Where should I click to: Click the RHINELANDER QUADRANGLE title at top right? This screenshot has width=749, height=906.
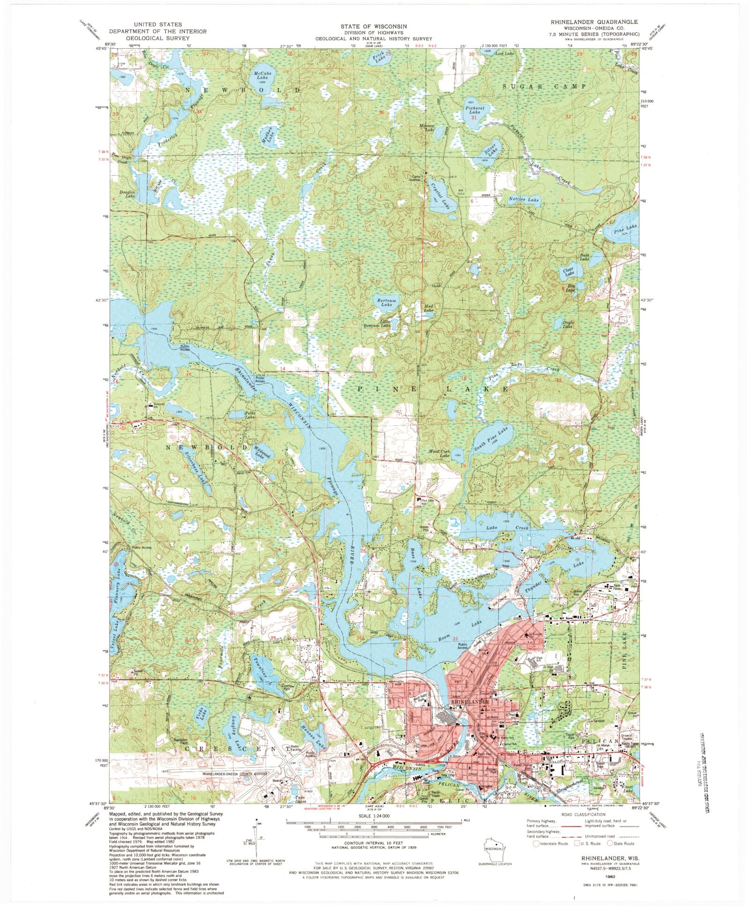click(594, 22)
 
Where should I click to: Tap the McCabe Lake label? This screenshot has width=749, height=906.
click(262, 76)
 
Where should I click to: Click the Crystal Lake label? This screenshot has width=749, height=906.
click(441, 193)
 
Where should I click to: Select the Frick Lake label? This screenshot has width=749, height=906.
click(378, 58)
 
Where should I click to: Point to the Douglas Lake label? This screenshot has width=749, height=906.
click(127, 194)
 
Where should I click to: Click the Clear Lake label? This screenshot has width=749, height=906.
click(568, 271)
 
